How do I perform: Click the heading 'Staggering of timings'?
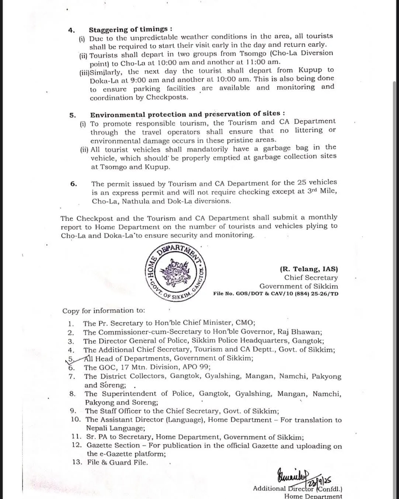tap(130, 29)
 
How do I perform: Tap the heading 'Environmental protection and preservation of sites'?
tap(187, 114)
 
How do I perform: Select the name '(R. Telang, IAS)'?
tap(309, 269)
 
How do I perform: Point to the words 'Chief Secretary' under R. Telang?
tap(310, 278)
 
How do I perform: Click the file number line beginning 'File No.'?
tap(275, 294)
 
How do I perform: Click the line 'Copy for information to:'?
tap(104, 311)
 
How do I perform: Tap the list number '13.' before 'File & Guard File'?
tap(77, 462)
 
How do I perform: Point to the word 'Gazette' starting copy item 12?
tap(102, 446)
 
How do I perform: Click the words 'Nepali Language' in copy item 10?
tap(115, 428)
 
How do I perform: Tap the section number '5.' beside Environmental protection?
tap(73, 115)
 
